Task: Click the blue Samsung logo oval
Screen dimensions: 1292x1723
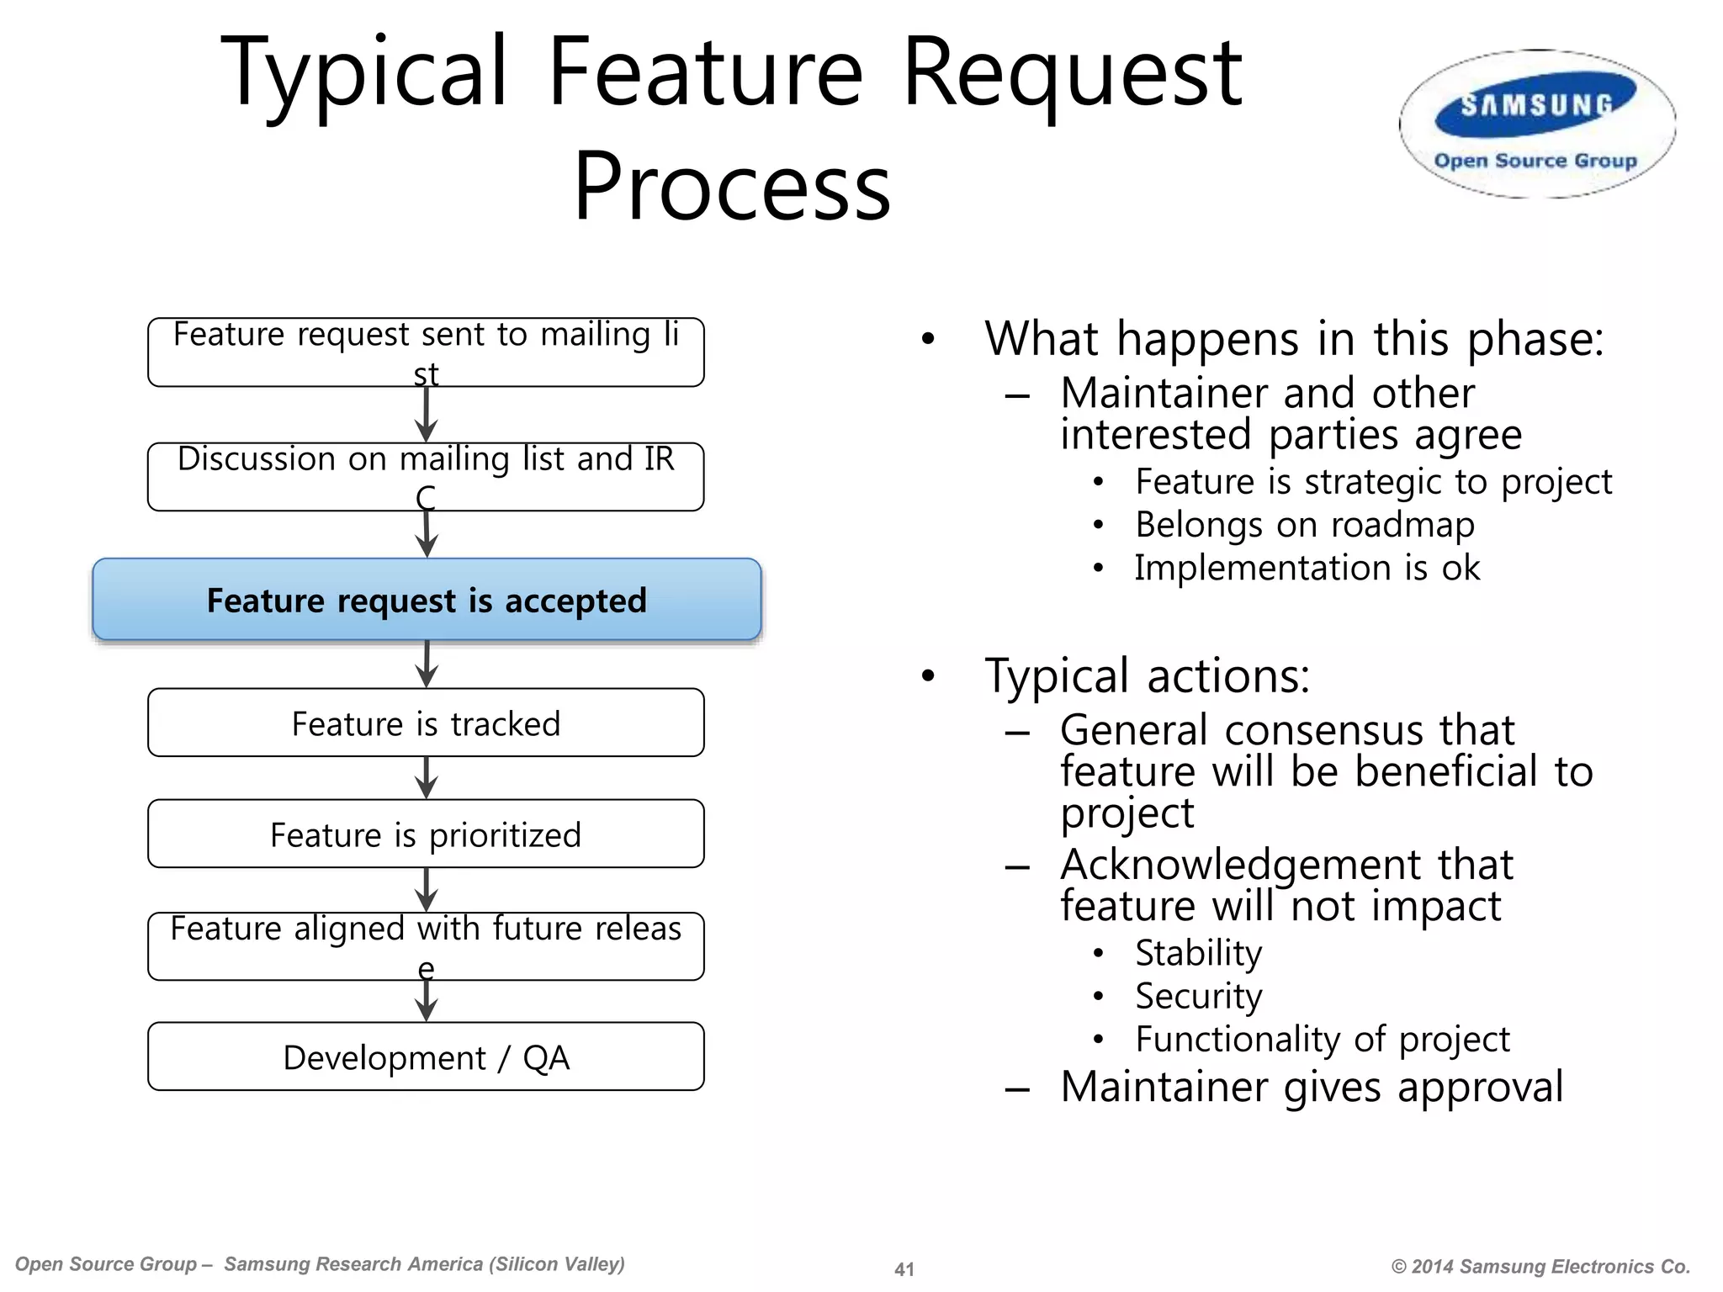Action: tap(1536, 106)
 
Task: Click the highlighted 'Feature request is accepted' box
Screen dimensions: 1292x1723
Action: tap(427, 600)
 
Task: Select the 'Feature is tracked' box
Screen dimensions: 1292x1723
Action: tap(426, 723)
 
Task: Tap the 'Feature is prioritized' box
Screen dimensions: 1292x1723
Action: tap(426, 834)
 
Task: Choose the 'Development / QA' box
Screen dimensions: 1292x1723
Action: tap(426, 1056)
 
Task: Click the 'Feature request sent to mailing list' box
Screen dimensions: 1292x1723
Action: tap(426, 352)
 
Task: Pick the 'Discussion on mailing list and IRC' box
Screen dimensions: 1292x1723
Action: tap(426, 476)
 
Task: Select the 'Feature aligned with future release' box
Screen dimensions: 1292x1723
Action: tap(426, 945)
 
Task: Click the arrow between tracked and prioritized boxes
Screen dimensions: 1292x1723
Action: tap(427, 778)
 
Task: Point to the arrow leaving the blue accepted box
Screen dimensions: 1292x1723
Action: tap(427, 665)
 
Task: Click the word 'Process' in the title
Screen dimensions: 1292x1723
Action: tap(731, 187)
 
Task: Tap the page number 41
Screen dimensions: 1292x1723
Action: tap(904, 1269)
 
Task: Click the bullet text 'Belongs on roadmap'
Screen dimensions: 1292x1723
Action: tap(1304, 525)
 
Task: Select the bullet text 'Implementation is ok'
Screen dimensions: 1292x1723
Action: tap(1307, 568)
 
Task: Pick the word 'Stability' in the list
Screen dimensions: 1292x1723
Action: tap(1198, 953)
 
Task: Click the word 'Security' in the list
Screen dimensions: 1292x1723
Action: tap(1198, 996)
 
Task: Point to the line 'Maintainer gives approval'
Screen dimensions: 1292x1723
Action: tap(1311, 1086)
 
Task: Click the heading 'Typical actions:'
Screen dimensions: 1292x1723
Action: tap(1147, 675)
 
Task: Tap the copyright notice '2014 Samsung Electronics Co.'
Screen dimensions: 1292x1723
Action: tap(1540, 1267)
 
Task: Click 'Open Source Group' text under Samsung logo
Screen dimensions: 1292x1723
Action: tap(1535, 161)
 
